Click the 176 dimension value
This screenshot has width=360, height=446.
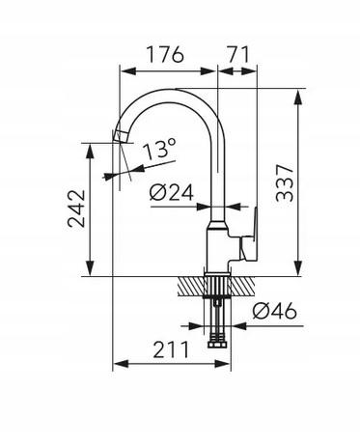click(165, 54)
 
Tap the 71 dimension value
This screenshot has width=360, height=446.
click(238, 54)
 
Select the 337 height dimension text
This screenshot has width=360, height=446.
click(285, 183)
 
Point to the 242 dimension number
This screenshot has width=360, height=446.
click(77, 209)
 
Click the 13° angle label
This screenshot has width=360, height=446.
click(160, 149)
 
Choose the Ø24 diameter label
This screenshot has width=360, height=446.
click(172, 192)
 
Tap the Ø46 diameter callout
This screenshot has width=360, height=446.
click(274, 311)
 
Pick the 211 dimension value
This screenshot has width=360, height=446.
click(171, 349)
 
